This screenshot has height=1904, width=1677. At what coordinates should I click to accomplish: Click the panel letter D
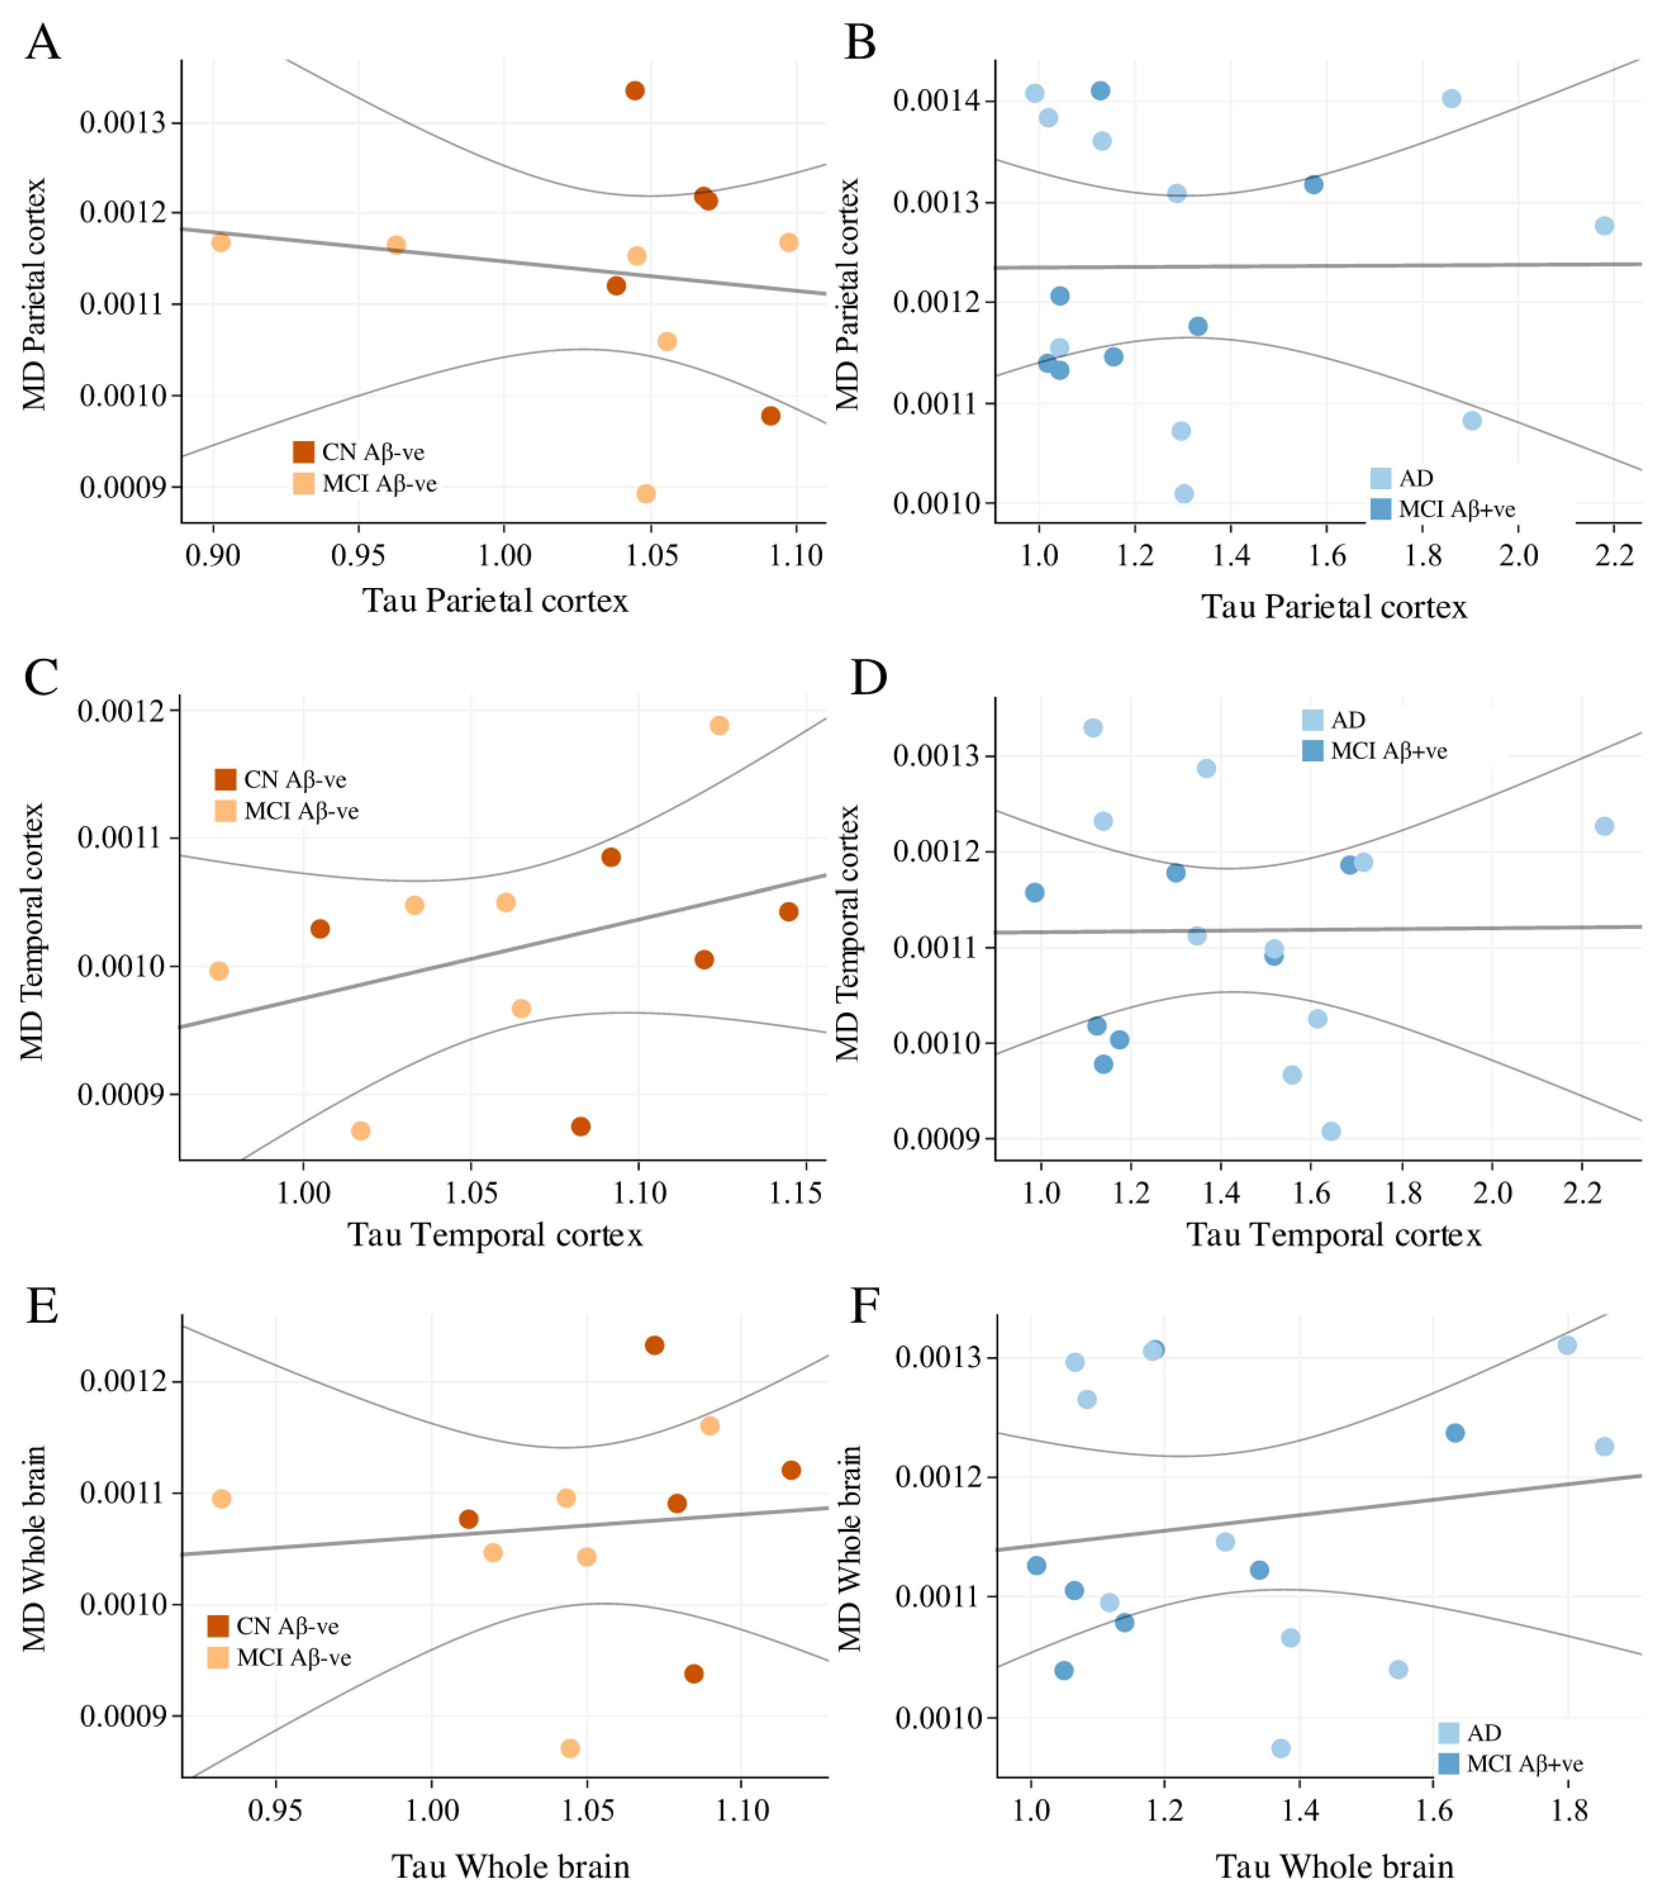coord(868,677)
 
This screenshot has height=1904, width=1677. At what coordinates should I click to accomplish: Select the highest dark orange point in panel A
coord(635,90)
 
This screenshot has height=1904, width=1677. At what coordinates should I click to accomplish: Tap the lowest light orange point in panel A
coord(645,494)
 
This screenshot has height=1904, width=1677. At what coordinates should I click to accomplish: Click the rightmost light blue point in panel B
coord(1604,225)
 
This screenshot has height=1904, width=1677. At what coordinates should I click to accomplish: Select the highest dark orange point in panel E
coord(654,1345)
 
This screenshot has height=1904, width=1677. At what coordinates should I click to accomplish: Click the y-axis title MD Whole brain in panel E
coord(35,1548)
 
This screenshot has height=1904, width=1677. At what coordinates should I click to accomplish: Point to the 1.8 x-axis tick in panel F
coord(1568,1811)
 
